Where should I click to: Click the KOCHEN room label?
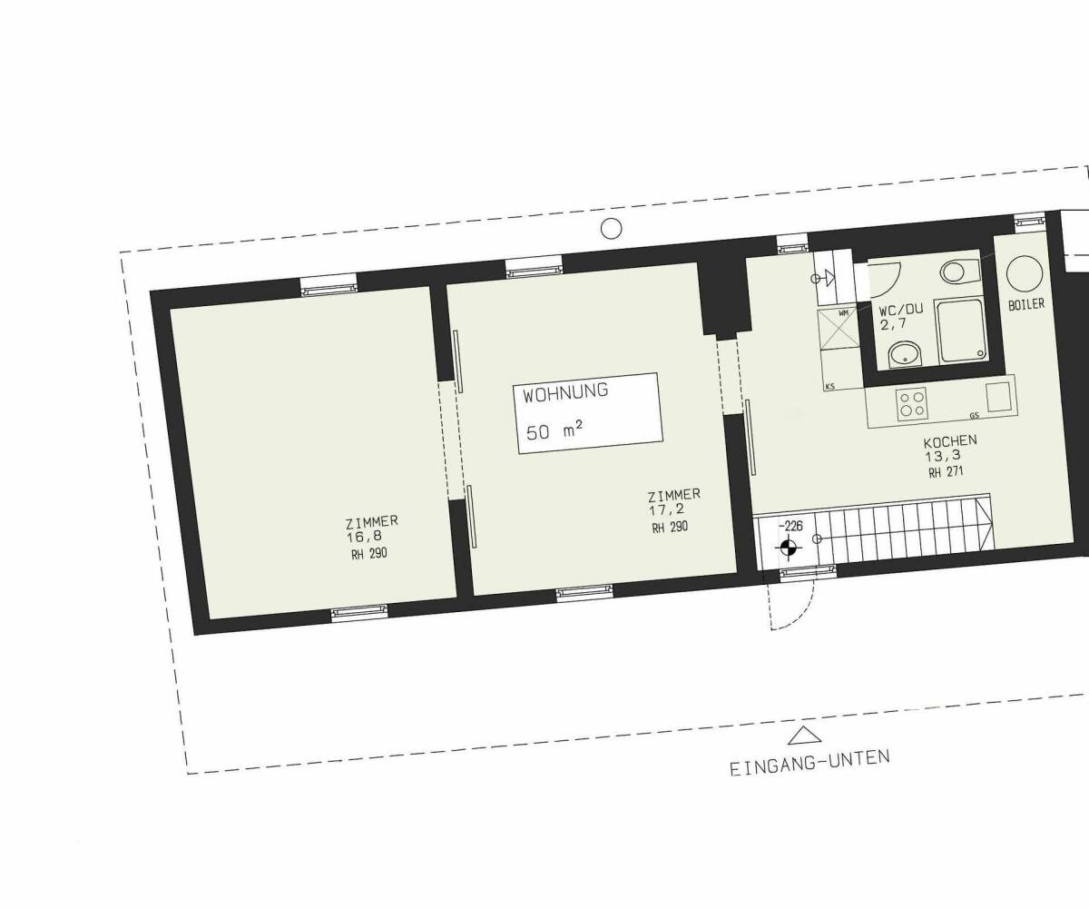point(950,441)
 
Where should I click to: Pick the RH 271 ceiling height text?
point(946,472)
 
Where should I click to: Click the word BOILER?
point(1026,304)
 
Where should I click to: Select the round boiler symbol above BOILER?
point(1025,273)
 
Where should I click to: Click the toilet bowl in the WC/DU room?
point(957,272)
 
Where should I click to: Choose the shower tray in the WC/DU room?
point(961,331)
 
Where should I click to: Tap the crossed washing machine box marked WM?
point(839,328)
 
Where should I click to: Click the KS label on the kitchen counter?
point(829,387)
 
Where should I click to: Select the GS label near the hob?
point(975,416)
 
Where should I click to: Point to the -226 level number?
point(790,526)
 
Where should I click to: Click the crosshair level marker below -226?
point(789,548)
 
